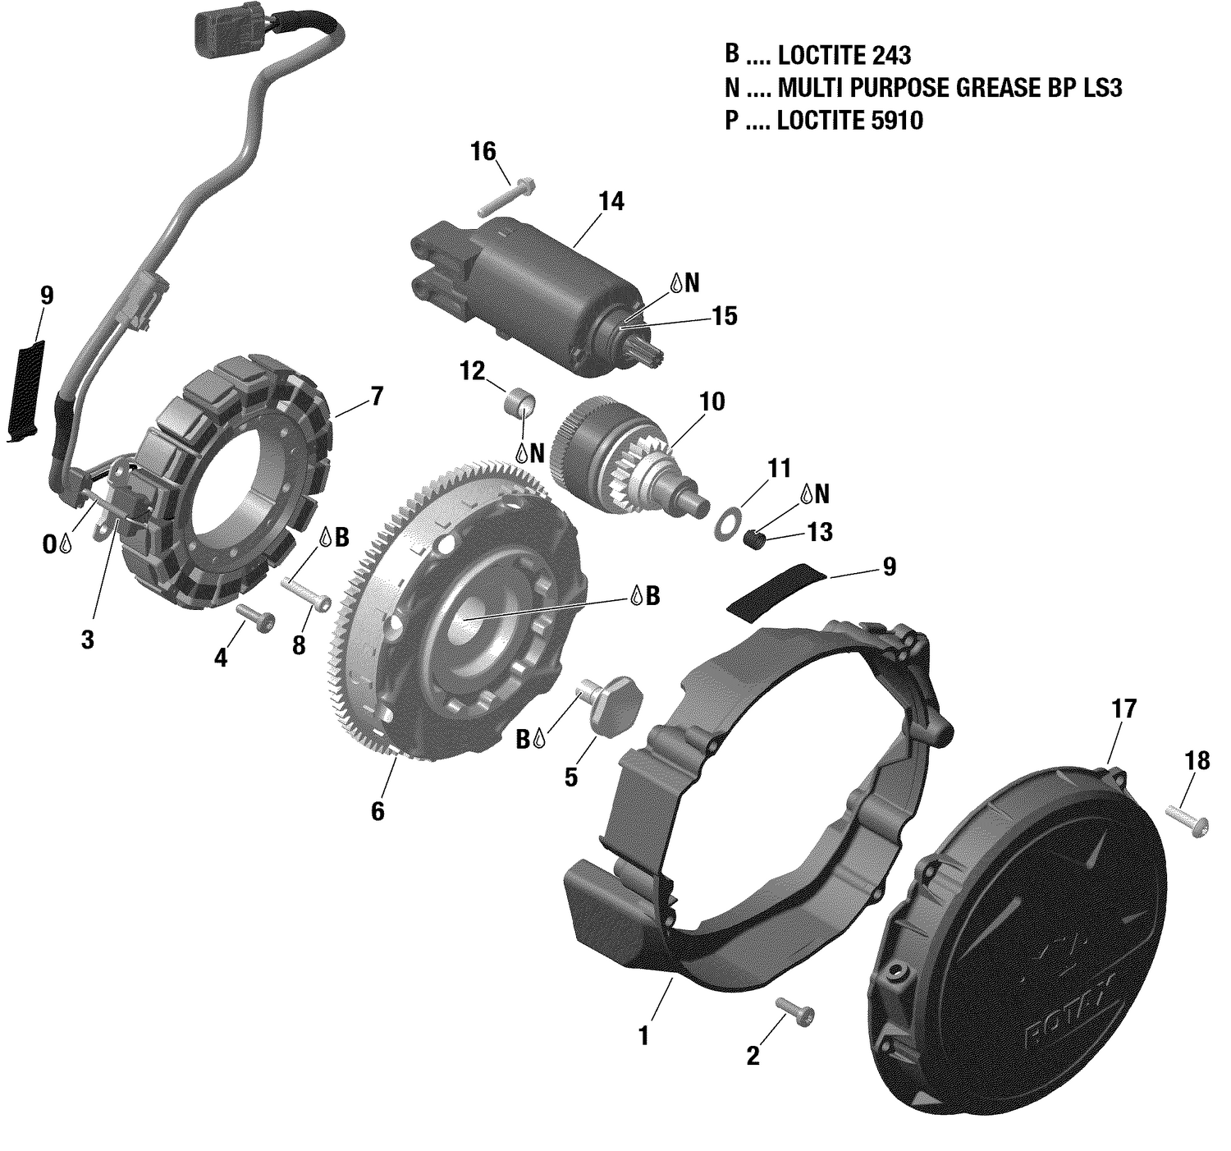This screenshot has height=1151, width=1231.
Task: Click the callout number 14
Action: point(611,202)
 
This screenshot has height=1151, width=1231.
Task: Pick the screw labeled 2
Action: point(795,1013)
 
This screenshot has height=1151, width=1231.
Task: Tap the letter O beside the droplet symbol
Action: point(49,545)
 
